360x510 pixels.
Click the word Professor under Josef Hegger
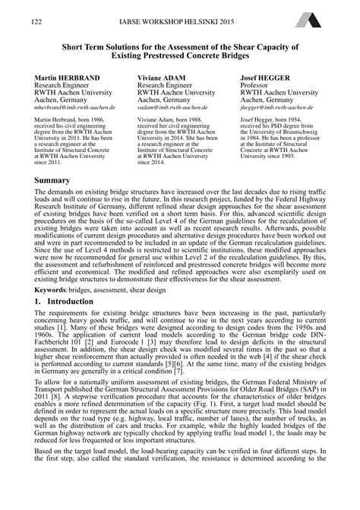[x=254, y=86]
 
